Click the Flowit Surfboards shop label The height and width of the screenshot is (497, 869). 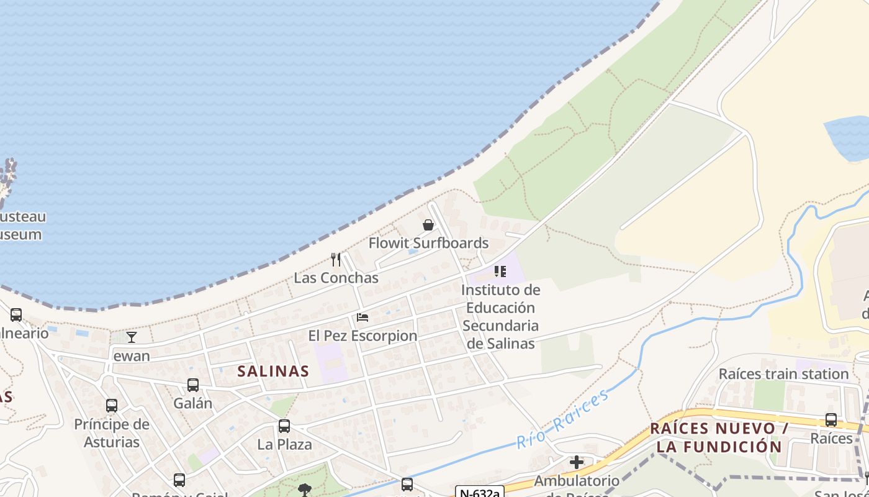pyautogui.click(x=428, y=243)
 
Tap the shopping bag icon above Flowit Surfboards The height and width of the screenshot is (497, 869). pyautogui.click(x=428, y=225)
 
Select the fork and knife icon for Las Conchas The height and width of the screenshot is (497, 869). pyautogui.click(x=336, y=260)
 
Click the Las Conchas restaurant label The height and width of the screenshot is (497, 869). pyautogui.click(x=336, y=278)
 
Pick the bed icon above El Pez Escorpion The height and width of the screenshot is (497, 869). pyautogui.click(x=362, y=317)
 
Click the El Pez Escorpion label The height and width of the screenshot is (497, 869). pyautogui.click(x=362, y=335)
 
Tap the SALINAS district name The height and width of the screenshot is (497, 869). pyautogui.click(x=273, y=371)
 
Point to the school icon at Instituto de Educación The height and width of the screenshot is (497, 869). pyautogui.click(x=500, y=271)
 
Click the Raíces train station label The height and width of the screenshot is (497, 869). pyautogui.click(x=783, y=374)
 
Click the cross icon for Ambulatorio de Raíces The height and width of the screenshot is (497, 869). pyautogui.click(x=577, y=462)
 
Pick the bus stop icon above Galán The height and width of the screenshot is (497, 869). pyautogui.click(x=193, y=385)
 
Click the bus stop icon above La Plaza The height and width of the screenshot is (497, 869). pyautogui.click(x=284, y=426)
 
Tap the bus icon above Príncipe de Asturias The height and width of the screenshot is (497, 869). pyautogui.click(x=112, y=406)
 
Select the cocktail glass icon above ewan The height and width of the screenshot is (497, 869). pyautogui.click(x=132, y=337)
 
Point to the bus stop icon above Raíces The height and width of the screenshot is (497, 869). pyautogui.click(x=831, y=420)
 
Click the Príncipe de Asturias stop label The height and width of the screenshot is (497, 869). pyautogui.click(x=112, y=433)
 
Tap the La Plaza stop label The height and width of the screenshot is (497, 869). pyautogui.click(x=284, y=445)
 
